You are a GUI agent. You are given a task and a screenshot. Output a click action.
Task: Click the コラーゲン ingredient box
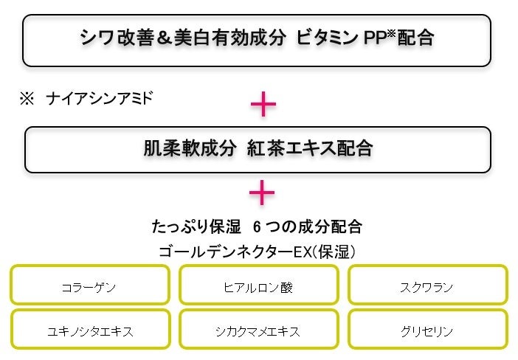89,286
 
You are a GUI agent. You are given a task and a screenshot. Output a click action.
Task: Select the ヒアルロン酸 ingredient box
258,286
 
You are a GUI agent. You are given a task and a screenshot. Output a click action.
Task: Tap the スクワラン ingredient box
428,286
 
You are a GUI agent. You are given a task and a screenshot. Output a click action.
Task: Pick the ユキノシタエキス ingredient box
89,330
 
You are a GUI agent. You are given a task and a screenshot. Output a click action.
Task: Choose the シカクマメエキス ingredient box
258,330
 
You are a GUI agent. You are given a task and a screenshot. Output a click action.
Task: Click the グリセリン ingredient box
428,330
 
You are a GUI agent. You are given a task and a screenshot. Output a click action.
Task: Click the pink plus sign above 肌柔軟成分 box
263,105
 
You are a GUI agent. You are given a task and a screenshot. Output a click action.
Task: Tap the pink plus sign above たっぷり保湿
262,194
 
